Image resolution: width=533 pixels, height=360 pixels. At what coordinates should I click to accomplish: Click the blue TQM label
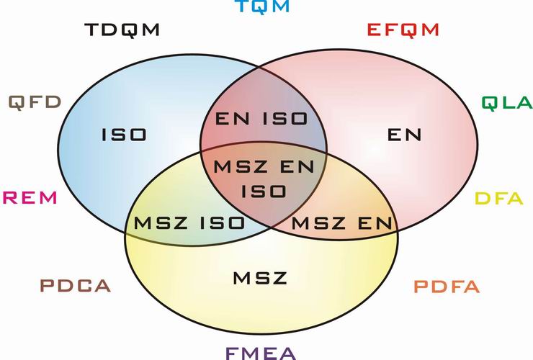(x=262, y=6)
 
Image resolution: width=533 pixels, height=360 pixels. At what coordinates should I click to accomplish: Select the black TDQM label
(x=122, y=30)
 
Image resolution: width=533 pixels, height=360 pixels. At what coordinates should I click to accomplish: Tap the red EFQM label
(x=403, y=30)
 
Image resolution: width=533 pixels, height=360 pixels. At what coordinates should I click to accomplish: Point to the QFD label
(x=35, y=102)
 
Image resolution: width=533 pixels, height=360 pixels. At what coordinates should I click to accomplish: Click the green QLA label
(x=507, y=103)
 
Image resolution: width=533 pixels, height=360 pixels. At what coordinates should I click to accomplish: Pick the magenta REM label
(x=30, y=198)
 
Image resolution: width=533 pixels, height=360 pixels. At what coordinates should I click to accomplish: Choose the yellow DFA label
(x=498, y=198)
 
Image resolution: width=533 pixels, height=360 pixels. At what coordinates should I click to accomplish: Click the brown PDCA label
(x=76, y=286)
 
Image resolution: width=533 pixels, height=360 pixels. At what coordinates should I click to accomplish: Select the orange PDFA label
(x=447, y=287)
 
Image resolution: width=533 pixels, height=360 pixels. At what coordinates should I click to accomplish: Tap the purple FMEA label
(x=261, y=354)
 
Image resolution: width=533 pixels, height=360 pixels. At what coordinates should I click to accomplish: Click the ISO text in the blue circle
(x=124, y=135)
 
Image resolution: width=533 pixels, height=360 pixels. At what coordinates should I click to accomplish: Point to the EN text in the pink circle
(x=405, y=135)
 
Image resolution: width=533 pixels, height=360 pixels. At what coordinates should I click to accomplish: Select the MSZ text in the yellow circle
(x=260, y=278)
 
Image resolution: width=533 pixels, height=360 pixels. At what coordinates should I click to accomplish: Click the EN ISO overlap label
(x=261, y=119)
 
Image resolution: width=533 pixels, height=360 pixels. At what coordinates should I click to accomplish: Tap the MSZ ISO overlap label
(x=189, y=223)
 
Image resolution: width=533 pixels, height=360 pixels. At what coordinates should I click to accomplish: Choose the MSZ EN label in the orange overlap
(x=342, y=223)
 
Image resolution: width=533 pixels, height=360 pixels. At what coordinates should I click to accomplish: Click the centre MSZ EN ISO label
(x=264, y=179)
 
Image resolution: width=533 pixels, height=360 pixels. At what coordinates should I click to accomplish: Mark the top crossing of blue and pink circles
(x=259, y=66)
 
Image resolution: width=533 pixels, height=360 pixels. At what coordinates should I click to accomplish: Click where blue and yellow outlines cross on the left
(x=126, y=232)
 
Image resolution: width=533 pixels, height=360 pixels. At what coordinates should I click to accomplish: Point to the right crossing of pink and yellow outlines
(x=398, y=231)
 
